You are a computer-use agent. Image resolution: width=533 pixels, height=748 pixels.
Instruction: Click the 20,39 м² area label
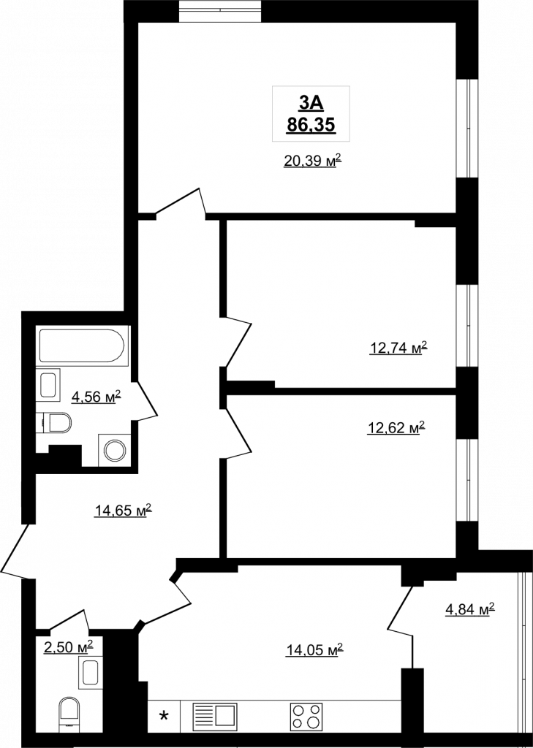tap(314, 161)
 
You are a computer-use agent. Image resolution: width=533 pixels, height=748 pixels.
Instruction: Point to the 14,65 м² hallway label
tap(124, 511)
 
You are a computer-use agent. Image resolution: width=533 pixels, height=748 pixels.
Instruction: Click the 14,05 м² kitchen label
tap(314, 649)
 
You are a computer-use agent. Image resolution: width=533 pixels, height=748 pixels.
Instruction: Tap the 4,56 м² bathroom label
tap(97, 396)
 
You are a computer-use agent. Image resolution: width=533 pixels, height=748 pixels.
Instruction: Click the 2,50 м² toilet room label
tap(68, 647)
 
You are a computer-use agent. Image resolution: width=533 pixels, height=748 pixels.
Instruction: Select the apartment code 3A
tap(311, 102)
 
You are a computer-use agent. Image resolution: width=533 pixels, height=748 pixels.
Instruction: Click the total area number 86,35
tap(311, 125)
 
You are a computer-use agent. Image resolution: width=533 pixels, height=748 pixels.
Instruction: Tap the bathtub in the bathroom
tap(82, 345)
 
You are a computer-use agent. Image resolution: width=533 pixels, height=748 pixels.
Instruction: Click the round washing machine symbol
tap(115, 450)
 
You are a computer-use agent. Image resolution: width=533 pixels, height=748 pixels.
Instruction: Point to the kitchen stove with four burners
tap(306, 716)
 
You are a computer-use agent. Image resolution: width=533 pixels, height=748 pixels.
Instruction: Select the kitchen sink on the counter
tap(214, 716)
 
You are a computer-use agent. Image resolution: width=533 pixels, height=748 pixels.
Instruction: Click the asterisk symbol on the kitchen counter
tap(164, 716)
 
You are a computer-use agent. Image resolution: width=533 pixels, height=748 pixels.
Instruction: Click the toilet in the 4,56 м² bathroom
tap(56, 423)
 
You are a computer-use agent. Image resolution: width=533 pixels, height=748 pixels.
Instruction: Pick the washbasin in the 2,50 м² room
tap(90, 673)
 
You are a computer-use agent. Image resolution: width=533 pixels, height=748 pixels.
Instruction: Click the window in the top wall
tap(221, 11)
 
